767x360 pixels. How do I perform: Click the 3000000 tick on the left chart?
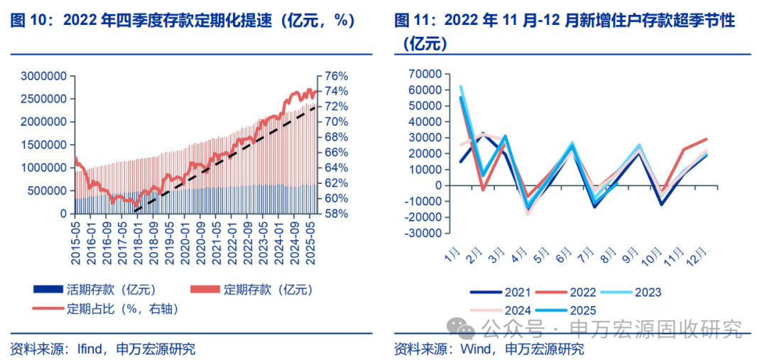pos(44,76)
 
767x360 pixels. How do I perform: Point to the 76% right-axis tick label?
pos(336,76)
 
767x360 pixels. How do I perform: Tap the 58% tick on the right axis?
pos(336,214)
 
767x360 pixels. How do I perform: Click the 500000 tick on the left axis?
pos(47,191)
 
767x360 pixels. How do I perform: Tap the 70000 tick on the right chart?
pos(426,75)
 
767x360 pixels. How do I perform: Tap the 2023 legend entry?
pos(646,293)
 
